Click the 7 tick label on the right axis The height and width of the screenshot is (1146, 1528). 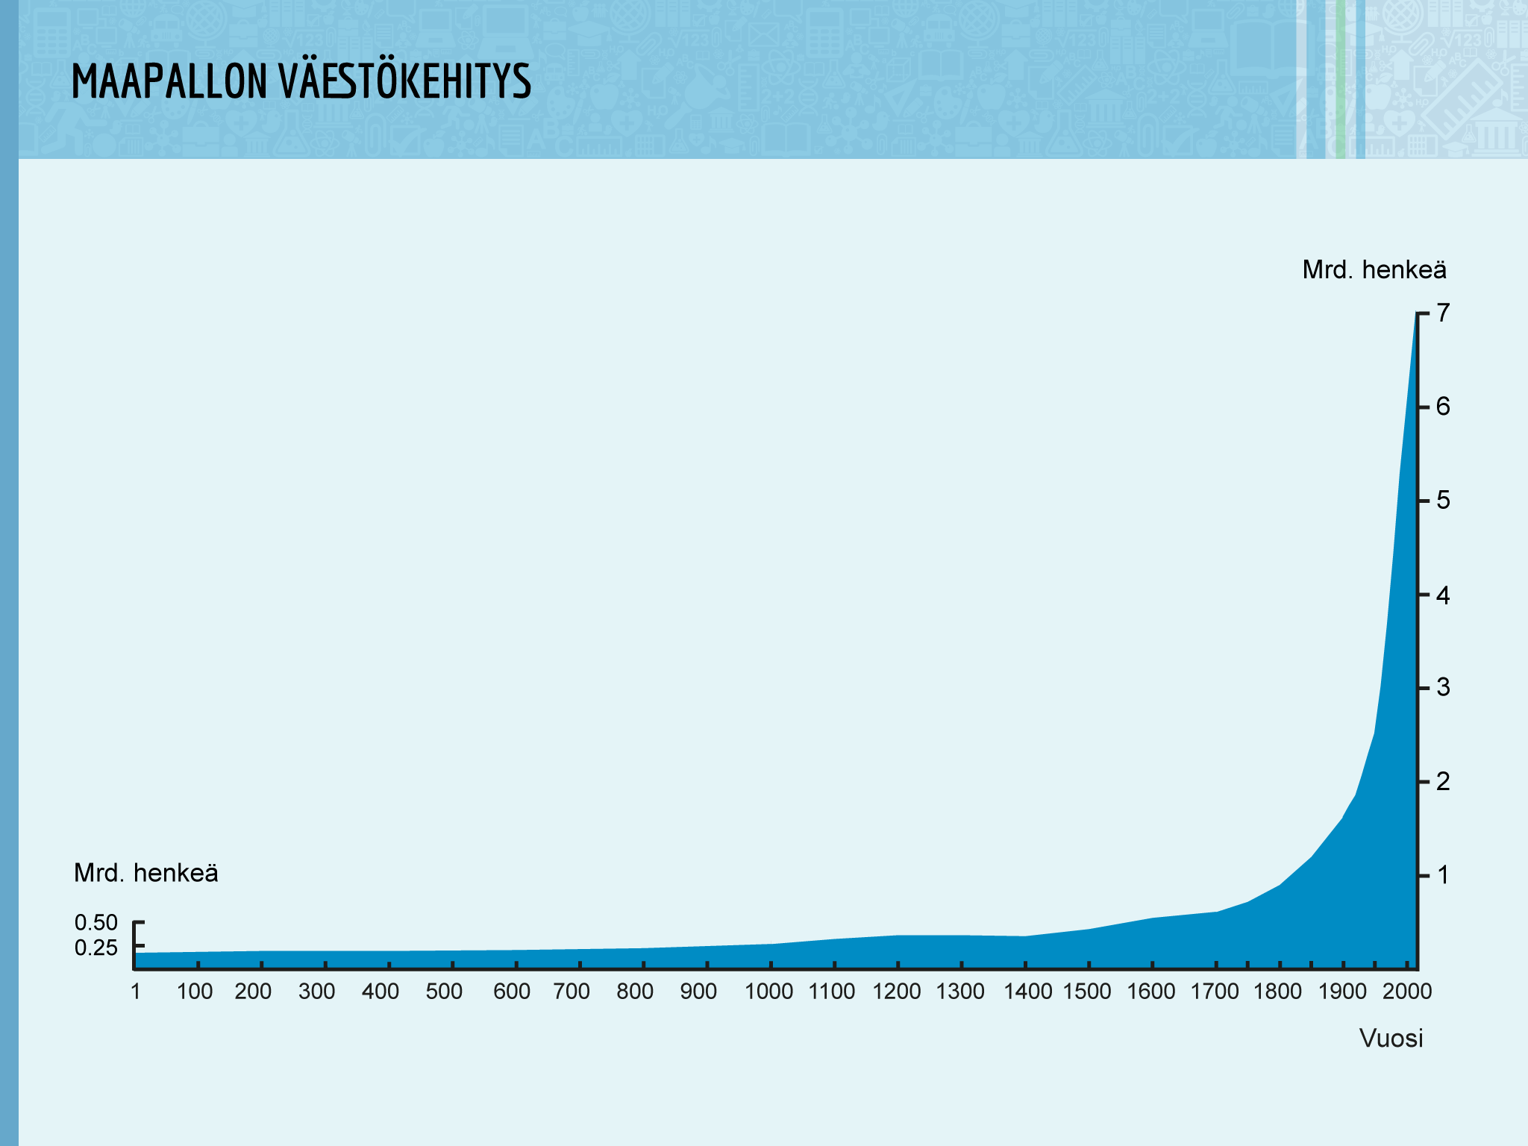1444,313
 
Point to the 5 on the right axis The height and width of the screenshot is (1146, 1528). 1444,500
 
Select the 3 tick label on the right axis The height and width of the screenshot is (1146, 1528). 1444,687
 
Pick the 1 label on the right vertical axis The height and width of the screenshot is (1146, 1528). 1444,874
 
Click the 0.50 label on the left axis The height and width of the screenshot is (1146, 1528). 96,923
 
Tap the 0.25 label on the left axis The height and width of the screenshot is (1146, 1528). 96,948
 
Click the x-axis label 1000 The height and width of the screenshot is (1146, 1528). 769,992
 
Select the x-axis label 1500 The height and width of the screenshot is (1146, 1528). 1087,992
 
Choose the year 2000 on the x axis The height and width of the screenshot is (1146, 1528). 1407,992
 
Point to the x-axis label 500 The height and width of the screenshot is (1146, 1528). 444,992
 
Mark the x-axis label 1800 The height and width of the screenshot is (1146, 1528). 1278,992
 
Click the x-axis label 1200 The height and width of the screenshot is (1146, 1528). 897,992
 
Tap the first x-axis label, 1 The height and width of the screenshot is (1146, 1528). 136,992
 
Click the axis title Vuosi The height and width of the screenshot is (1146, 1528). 1391,1039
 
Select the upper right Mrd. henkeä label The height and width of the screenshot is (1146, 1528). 1374,270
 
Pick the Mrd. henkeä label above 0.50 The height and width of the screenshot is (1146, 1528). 146,873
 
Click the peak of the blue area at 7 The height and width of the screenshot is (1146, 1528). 1416,315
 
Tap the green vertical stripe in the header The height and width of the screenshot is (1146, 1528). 1341,79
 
